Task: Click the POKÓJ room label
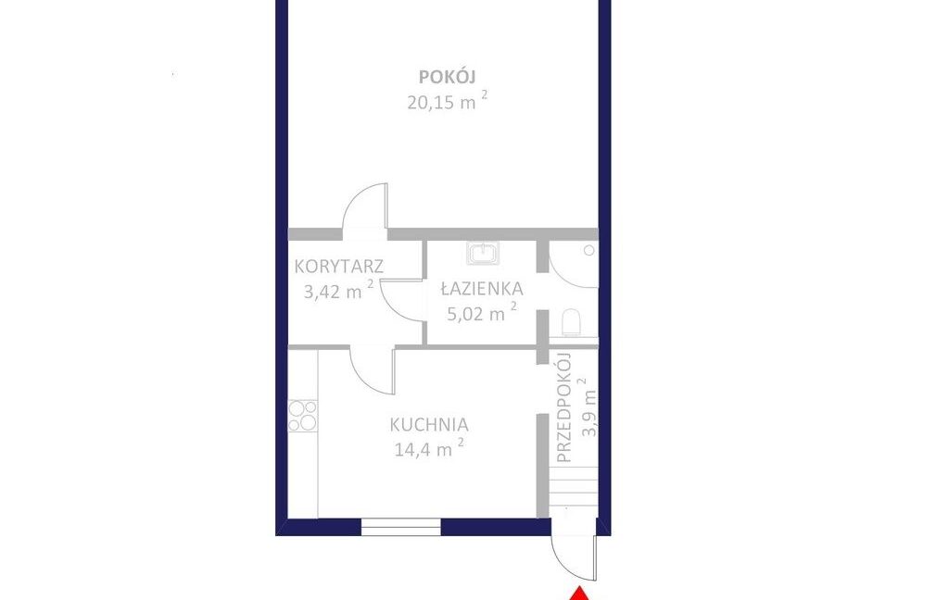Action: (448, 77)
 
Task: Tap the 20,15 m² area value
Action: (447, 100)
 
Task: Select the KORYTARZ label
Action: (339, 266)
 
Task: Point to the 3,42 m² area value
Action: (338, 291)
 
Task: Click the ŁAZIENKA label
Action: (482, 289)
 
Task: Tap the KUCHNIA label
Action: (429, 425)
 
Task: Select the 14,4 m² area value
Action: (429, 448)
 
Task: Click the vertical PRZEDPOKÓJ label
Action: (563, 407)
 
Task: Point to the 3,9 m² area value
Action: (587, 407)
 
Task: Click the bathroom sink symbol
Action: (483, 253)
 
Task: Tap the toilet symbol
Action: (571, 322)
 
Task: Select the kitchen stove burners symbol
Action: (303, 416)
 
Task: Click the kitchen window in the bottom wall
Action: (400, 527)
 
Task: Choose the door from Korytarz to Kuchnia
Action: (373, 370)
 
